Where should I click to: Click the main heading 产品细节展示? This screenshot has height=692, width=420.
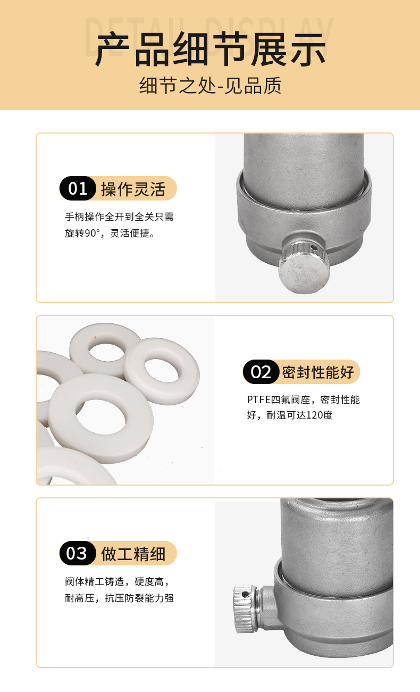coord(210,49)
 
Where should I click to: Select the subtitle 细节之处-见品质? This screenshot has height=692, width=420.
coord(210,85)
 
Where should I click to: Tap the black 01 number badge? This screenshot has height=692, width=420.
coord(78,189)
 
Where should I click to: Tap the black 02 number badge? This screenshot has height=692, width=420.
coord(261,372)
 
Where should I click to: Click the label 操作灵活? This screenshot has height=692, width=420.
coord(133,189)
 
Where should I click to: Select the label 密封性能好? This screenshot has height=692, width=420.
coord(317,372)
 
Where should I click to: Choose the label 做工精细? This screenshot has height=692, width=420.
coord(133,554)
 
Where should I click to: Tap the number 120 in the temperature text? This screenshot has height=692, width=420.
coord(305,415)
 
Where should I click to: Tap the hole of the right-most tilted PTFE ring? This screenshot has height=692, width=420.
coord(163,370)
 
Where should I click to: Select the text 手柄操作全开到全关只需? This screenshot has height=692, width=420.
coord(119,218)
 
